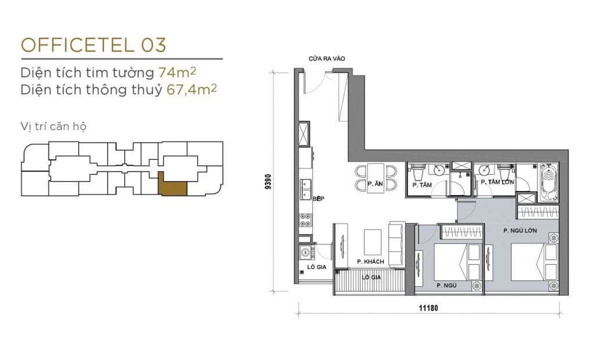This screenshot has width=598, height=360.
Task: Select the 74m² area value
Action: coord(177,72)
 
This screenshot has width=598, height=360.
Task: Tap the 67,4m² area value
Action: coord(188,90)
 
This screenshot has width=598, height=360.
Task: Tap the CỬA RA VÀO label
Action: coord(326,59)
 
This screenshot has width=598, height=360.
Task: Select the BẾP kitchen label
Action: coord(318,199)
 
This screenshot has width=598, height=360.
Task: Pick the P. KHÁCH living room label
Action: coord(369,262)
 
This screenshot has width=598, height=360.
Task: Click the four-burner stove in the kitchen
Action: coord(304,222)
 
